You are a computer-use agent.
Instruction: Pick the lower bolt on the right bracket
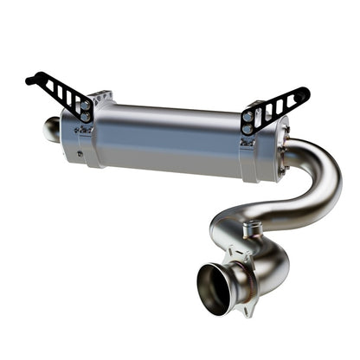(248, 127)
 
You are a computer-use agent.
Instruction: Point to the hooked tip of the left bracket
(31, 80)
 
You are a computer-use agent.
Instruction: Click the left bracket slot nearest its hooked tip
(50, 86)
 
